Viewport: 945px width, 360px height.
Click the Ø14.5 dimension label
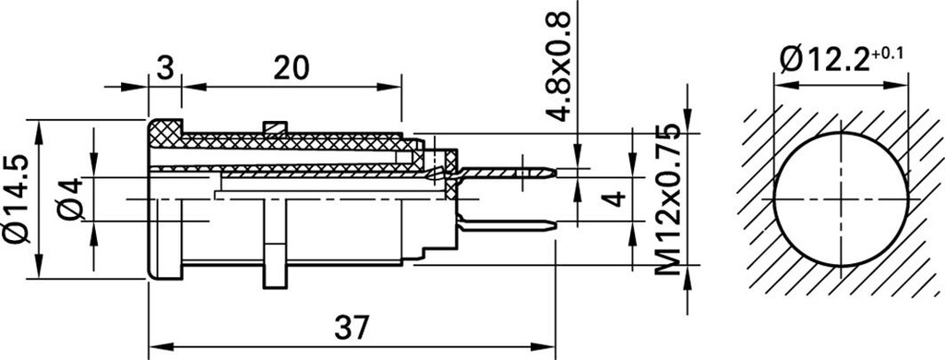pos(17,199)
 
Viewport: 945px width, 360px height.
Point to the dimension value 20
pos(291,68)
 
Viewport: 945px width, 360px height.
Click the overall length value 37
pos(352,328)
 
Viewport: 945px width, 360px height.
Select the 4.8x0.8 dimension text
pos(558,67)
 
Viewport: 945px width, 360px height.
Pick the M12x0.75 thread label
pos(669,199)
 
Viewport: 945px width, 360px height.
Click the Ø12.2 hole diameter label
pos(824,60)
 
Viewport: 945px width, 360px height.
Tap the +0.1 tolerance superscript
pos(887,53)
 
